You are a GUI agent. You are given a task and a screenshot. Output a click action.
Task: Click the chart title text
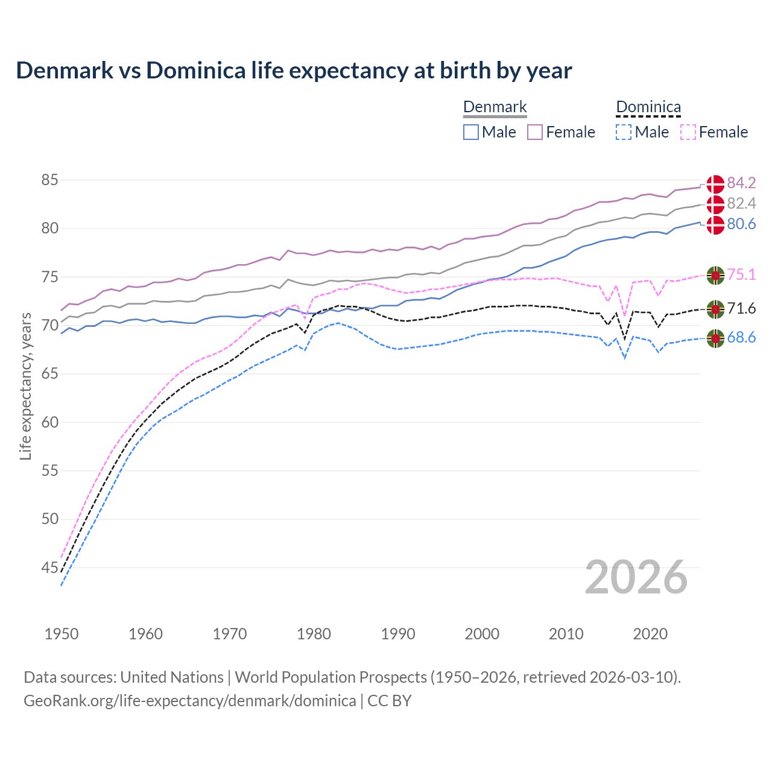tap(294, 71)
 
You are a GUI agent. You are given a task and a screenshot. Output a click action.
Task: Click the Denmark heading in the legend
tap(495, 107)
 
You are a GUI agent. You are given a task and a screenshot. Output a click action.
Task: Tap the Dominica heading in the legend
tap(648, 107)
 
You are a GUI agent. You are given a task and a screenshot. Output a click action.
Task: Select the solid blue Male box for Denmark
tap(471, 132)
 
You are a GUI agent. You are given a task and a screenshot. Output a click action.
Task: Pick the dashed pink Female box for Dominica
tap(688, 132)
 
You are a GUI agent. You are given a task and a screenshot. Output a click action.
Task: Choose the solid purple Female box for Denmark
tap(536, 132)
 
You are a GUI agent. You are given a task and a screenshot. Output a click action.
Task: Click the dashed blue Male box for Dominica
tap(624, 132)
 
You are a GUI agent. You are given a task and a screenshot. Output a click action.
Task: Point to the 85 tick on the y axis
tap(49, 180)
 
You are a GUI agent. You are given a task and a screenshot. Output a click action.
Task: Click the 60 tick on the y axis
tap(49, 422)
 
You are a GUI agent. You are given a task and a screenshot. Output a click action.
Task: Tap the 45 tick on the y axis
tap(49, 568)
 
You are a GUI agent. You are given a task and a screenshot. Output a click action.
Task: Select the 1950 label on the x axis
tap(62, 634)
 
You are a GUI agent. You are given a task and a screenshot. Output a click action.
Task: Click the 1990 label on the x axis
tap(398, 634)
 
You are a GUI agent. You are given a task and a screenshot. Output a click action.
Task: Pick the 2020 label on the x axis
tap(650, 634)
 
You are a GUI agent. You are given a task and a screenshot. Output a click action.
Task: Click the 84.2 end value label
tap(741, 183)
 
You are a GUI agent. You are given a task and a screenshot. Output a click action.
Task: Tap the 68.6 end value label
tap(741, 338)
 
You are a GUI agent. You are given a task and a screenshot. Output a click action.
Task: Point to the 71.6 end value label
tap(741, 309)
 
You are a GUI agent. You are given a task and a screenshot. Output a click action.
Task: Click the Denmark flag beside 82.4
tap(715, 204)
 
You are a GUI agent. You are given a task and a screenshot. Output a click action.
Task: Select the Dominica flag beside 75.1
tap(715, 275)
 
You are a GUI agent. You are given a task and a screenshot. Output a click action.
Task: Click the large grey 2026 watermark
tap(636, 577)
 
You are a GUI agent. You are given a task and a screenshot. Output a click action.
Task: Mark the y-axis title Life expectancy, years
tap(25, 386)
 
